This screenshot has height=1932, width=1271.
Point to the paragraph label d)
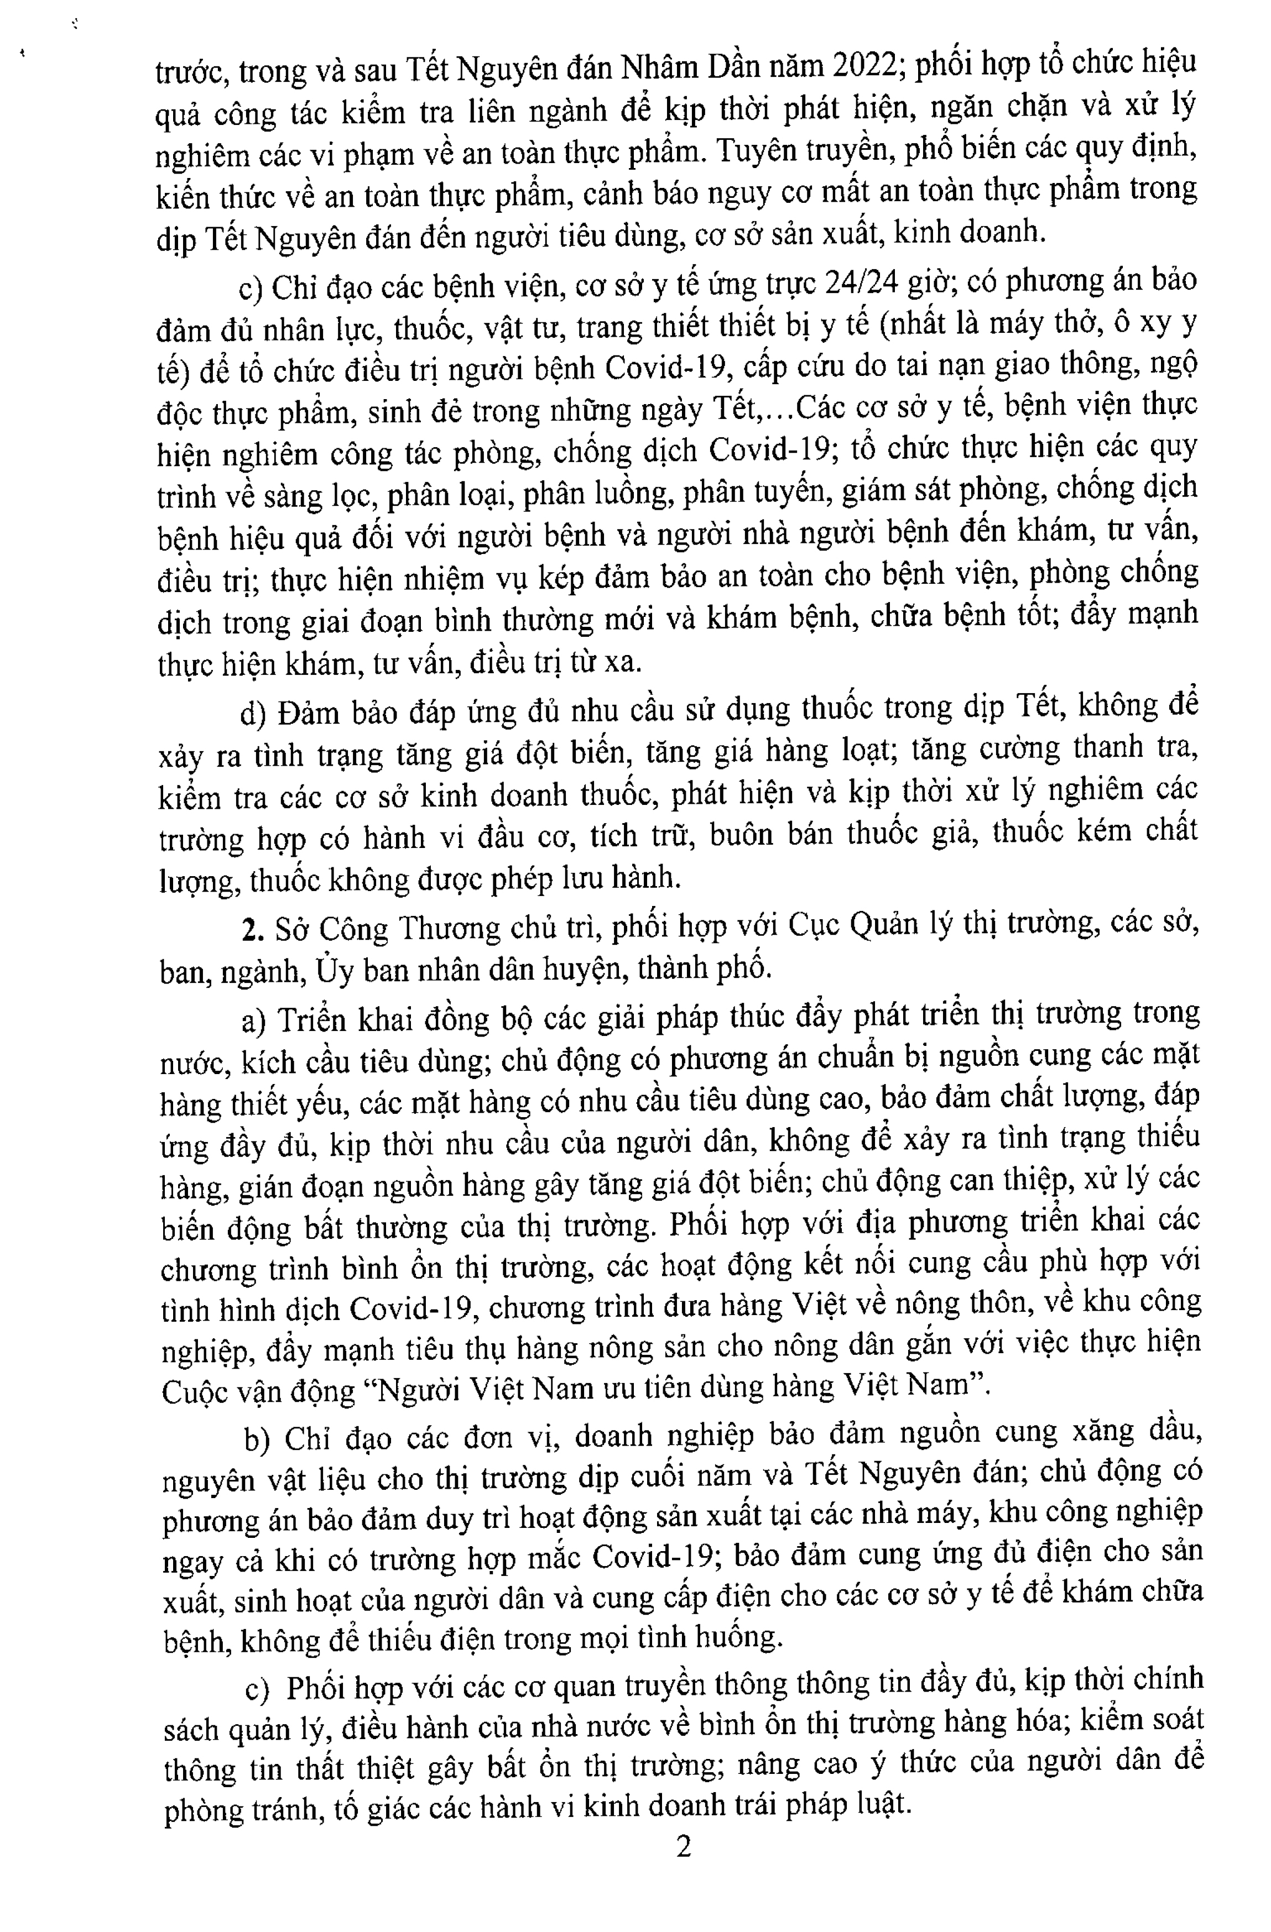click(253, 714)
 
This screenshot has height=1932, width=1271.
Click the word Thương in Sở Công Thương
click(439, 929)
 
